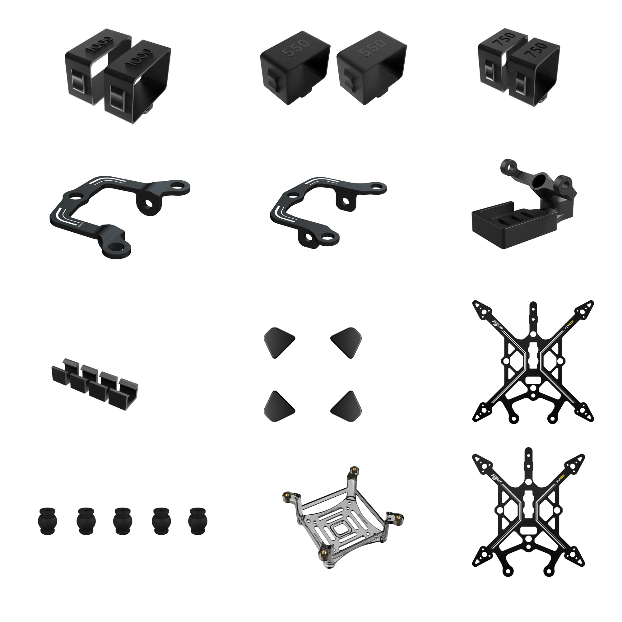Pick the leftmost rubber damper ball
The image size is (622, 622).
click(48, 521)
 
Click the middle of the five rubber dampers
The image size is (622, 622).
click(123, 521)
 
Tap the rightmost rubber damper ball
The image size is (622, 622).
click(198, 521)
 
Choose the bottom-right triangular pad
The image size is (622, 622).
click(346, 406)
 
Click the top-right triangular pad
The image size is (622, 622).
click(346, 342)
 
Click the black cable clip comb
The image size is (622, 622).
click(95, 383)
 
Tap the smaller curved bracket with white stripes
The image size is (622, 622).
click(325, 209)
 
